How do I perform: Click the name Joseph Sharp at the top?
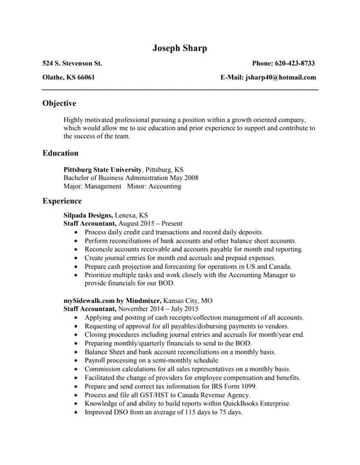[x=180, y=48]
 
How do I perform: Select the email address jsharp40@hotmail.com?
[x=281, y=77]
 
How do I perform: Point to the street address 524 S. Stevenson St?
[x=72, y=63]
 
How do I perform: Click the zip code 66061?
[x=86, y=77]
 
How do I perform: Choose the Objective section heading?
[x=59, y=103]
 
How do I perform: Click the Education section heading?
[x=60, y=153]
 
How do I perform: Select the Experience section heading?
[x=62, y=201]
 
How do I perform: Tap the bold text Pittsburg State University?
[x=103, y=169]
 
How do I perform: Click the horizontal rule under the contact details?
[x=180, y=89]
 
